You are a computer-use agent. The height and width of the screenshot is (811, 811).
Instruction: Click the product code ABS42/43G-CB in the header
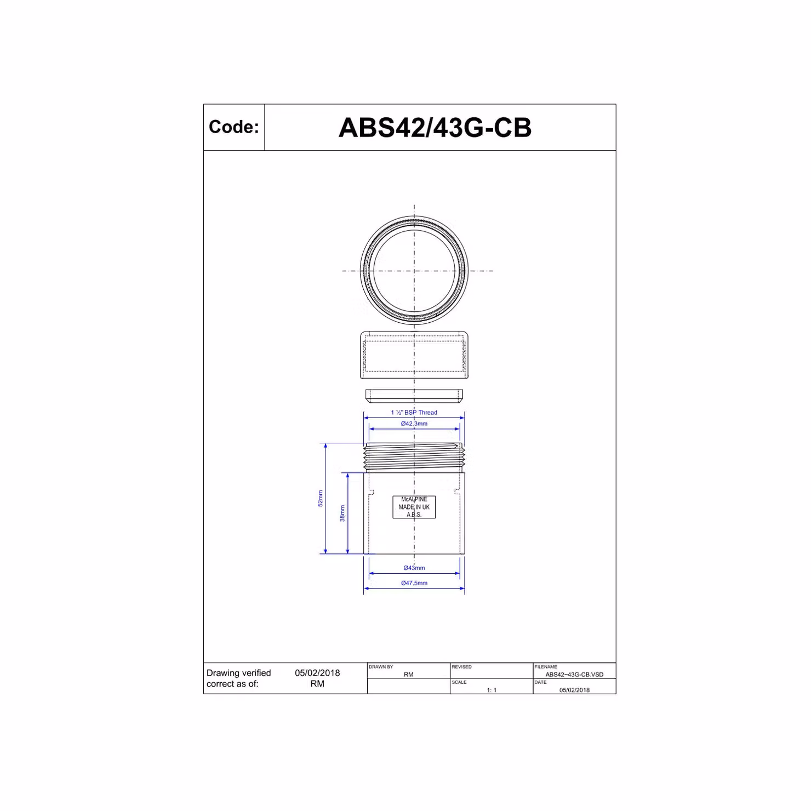coord(435,128)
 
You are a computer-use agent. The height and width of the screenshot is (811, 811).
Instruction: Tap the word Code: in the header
coord(234,127)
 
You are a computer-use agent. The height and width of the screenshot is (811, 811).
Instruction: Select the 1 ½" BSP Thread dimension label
coord(414,413)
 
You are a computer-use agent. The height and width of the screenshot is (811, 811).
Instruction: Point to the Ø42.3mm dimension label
coord(414,424)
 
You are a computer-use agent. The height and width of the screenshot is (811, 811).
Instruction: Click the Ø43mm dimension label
coord(414,568)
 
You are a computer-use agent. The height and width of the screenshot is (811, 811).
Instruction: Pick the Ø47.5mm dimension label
coord(414,583)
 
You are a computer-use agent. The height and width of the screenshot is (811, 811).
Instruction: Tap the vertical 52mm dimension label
coord(321,498)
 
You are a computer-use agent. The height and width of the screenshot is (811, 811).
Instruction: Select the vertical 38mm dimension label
coord(342,513)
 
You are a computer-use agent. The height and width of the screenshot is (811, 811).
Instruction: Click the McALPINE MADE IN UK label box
coord(414,507)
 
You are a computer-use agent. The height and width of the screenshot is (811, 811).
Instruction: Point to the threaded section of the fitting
coord(414,458)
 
